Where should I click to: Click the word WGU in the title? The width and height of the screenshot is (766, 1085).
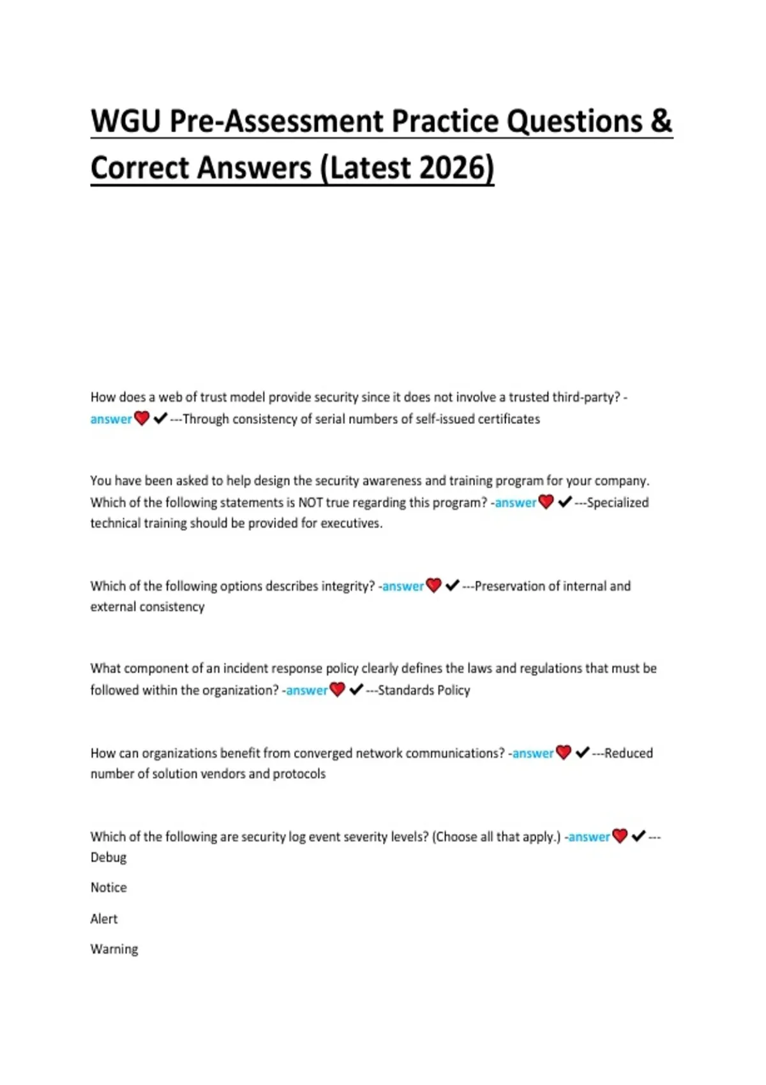point(126,121)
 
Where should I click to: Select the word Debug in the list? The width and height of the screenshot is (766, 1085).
point(109,857)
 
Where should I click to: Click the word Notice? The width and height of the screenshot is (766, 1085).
point(109,887)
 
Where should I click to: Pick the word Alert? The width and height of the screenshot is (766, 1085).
point(104,918)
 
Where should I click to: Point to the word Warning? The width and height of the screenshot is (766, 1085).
point(114,949)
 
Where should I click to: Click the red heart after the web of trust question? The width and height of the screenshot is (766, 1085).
point(142,419)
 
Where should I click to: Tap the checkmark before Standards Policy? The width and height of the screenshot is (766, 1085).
point(356,689)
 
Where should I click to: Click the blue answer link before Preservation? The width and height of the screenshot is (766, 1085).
point(403,586)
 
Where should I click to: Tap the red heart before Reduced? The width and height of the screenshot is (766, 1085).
point(564,752)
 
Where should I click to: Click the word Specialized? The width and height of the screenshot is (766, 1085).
point(617,502)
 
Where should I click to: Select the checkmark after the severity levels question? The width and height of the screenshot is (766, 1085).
point(638,836)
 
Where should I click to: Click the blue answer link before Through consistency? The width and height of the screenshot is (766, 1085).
point(111,419)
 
